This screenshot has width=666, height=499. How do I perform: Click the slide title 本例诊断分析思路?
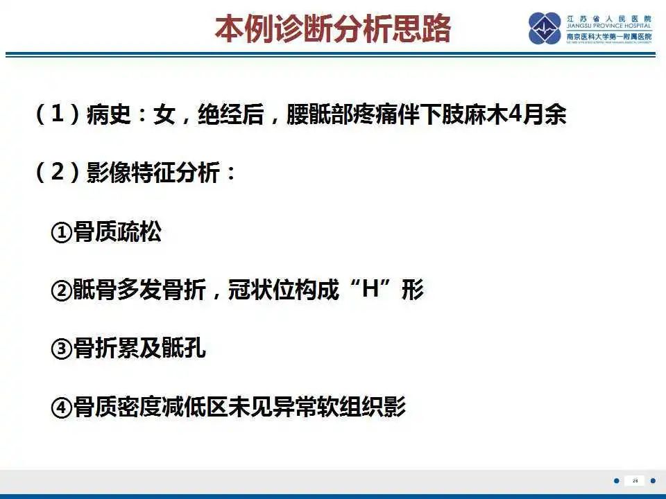point(333,29)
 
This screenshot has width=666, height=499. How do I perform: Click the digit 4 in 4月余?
point(515,115)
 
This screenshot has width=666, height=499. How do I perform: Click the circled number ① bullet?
point(62,233)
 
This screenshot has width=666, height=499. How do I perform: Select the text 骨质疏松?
point(117,233)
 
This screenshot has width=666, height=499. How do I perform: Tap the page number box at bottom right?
point(634,480)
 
